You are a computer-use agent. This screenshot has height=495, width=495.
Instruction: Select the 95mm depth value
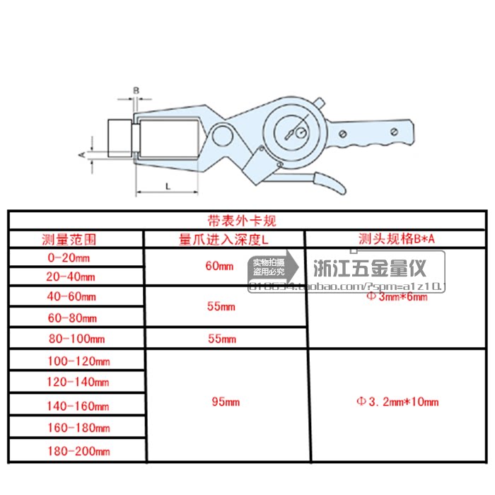[226, 402]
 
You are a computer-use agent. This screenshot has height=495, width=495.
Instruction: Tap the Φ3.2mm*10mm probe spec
[397, 402]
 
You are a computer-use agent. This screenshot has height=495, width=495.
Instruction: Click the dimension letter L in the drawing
[166, 183]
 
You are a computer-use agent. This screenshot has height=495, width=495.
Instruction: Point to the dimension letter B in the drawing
[137, 90]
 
